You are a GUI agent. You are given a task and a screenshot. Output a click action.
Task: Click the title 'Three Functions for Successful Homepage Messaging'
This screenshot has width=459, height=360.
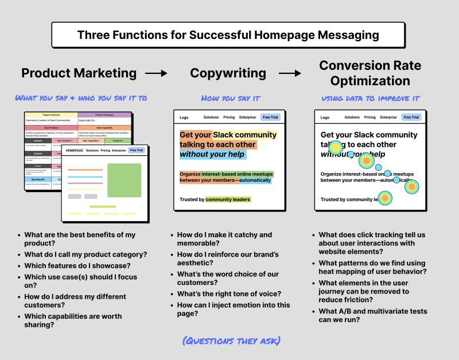(228, 35)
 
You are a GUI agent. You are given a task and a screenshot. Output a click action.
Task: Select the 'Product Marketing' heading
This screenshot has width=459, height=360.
(79, 73)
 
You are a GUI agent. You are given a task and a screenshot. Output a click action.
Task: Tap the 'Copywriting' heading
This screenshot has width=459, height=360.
(228, 73)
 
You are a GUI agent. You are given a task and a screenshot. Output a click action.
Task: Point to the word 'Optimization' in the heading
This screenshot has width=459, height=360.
(370, 81)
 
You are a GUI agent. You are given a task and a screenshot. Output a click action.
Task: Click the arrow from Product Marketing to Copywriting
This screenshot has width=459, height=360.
(156, 73)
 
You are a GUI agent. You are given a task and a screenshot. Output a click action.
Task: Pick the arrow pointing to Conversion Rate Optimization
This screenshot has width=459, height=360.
(290, 73)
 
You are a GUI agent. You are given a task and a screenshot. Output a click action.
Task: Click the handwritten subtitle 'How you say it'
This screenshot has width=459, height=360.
(230, 99)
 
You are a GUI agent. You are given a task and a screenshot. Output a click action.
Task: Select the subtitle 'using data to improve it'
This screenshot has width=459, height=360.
(370, 99)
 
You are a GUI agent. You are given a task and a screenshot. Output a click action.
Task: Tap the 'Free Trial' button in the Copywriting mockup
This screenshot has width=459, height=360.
(270, 118)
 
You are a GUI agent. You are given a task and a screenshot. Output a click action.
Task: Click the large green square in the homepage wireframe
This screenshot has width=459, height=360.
(124, 180)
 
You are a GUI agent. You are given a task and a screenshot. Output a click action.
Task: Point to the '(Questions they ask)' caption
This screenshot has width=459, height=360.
(231, 341)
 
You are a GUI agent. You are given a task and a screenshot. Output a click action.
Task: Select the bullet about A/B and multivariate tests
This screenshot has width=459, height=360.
(373, 315)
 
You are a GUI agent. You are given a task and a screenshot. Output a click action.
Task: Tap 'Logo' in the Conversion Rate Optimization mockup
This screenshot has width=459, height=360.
(325, 118)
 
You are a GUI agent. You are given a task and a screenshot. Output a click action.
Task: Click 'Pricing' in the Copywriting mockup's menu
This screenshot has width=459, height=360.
(229, 118)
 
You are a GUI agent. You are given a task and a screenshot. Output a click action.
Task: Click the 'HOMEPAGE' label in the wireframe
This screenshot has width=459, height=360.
(75, 151)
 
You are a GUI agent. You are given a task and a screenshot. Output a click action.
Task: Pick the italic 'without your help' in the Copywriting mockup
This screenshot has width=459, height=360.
(212, 154)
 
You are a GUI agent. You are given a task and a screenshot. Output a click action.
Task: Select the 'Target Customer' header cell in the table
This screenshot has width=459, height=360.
(52, 115)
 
